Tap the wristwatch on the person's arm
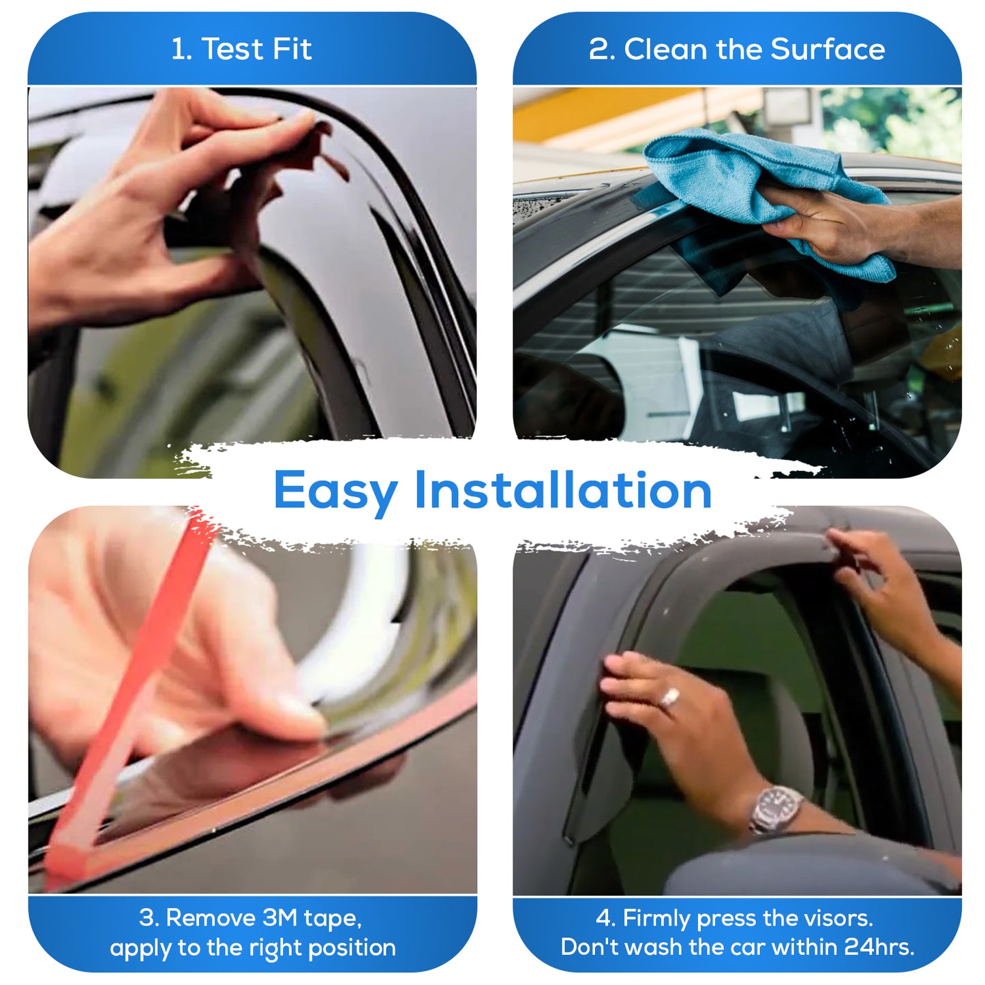(x=776, y=809)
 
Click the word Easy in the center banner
(x=335, y=491)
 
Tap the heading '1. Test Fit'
(x=241, y=49)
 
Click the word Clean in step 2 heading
(x=666, y=49)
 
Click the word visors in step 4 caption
(x=839, y=918)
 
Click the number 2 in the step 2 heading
(x=598, y=49)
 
